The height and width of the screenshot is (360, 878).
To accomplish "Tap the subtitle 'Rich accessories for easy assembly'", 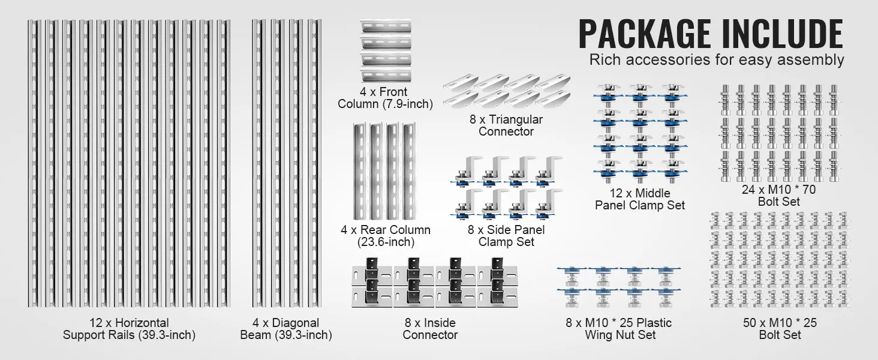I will point(717,60).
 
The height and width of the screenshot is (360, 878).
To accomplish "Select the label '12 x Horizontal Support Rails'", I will point(129,329).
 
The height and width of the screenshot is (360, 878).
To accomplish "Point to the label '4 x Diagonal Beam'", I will point(286,329).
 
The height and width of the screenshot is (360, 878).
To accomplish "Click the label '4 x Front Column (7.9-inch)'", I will point(385,98).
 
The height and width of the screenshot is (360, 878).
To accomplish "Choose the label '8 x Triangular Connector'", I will point(506,125).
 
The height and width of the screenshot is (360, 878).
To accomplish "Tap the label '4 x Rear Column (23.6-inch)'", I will point(386,236).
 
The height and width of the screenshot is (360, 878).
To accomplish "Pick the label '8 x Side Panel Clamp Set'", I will point(506,236).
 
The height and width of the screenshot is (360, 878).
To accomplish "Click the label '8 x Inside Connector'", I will point(430,329).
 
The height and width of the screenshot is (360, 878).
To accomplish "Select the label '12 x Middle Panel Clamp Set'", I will point(640,199).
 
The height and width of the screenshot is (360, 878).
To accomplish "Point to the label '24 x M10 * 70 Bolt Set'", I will point(778,196).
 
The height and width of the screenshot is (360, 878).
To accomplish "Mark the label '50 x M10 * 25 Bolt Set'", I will point(780,329).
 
